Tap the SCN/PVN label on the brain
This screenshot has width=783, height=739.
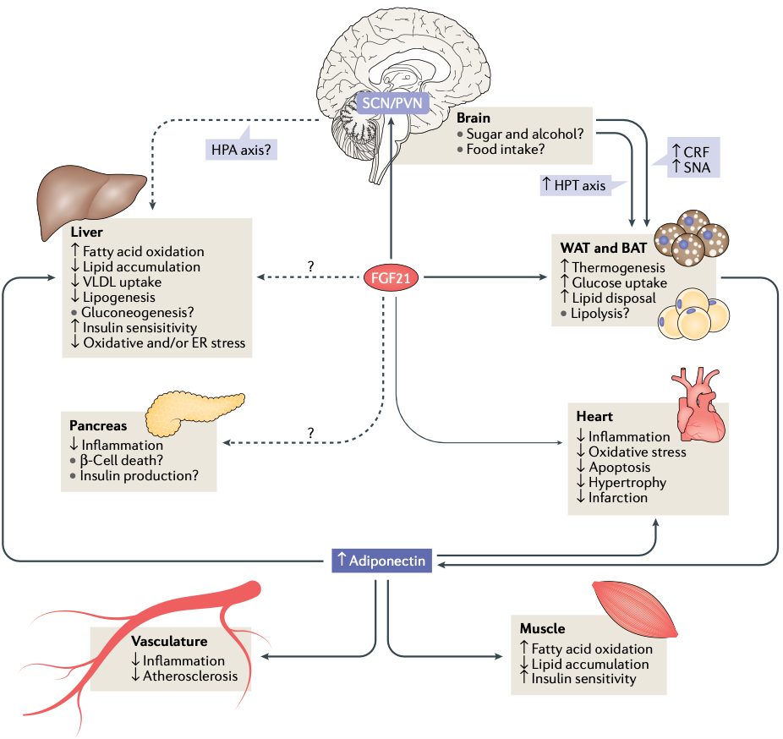click(x=391, y=103)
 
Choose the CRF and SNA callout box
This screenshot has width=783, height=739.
click(x=693, y=157)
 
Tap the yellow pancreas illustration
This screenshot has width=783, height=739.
click(x=194, y=409)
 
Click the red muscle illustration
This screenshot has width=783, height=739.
click(x=634, y=610)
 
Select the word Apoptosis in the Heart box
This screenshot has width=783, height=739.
click(x=620, y=467)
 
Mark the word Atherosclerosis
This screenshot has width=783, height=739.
click(x=190, y=676)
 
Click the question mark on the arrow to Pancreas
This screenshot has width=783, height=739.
click(x=311, y=432)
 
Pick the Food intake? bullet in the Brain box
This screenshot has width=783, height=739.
click(x=505, y=150)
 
